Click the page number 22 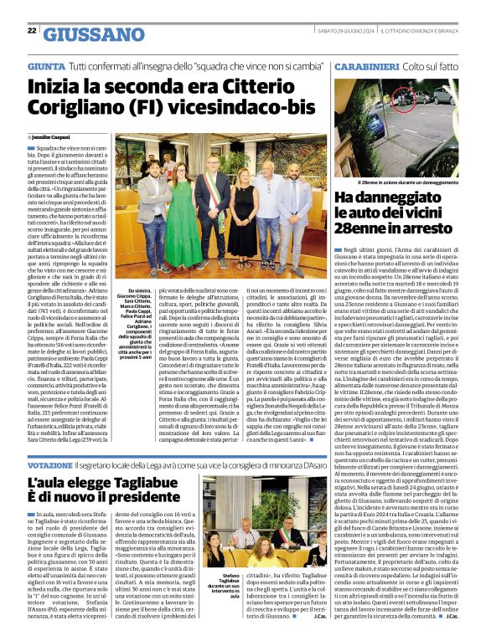33,31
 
